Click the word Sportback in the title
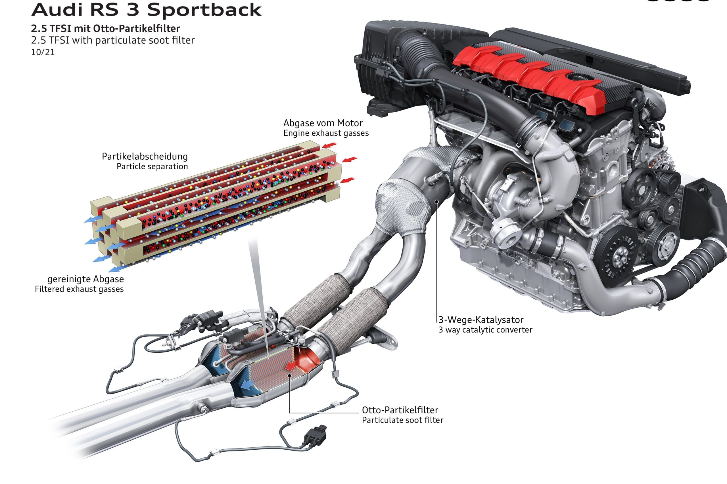pyautogui.click(x=204, y=10)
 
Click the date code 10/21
pyautogui.click(x=43, y=52)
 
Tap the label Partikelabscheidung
pyautogui.click(x=145, y=157)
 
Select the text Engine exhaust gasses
pyautogui.click(x=326, y=133)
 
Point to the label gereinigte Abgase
pyautogui.click(x=85, y=279)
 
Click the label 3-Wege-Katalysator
pyautogui.click(x=481, y=320)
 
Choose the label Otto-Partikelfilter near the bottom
pyautogui.click(x=400, y=410)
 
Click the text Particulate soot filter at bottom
pyautogui.click(x=402, y=420)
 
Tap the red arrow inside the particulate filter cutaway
pyautogui.click(x=293, y=366)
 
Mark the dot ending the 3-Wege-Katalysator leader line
pyautogui.click(x=437, y=202)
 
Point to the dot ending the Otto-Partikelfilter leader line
pyautogui.click(x=289, y=375)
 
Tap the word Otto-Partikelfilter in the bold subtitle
pyautogui.click(x=136, y=29)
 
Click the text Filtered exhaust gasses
pyautogui.click(x=79, y=289)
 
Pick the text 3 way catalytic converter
pyautogui.click(x=485, y=330)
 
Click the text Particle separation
pyautogui.click(x=152, y=167)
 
